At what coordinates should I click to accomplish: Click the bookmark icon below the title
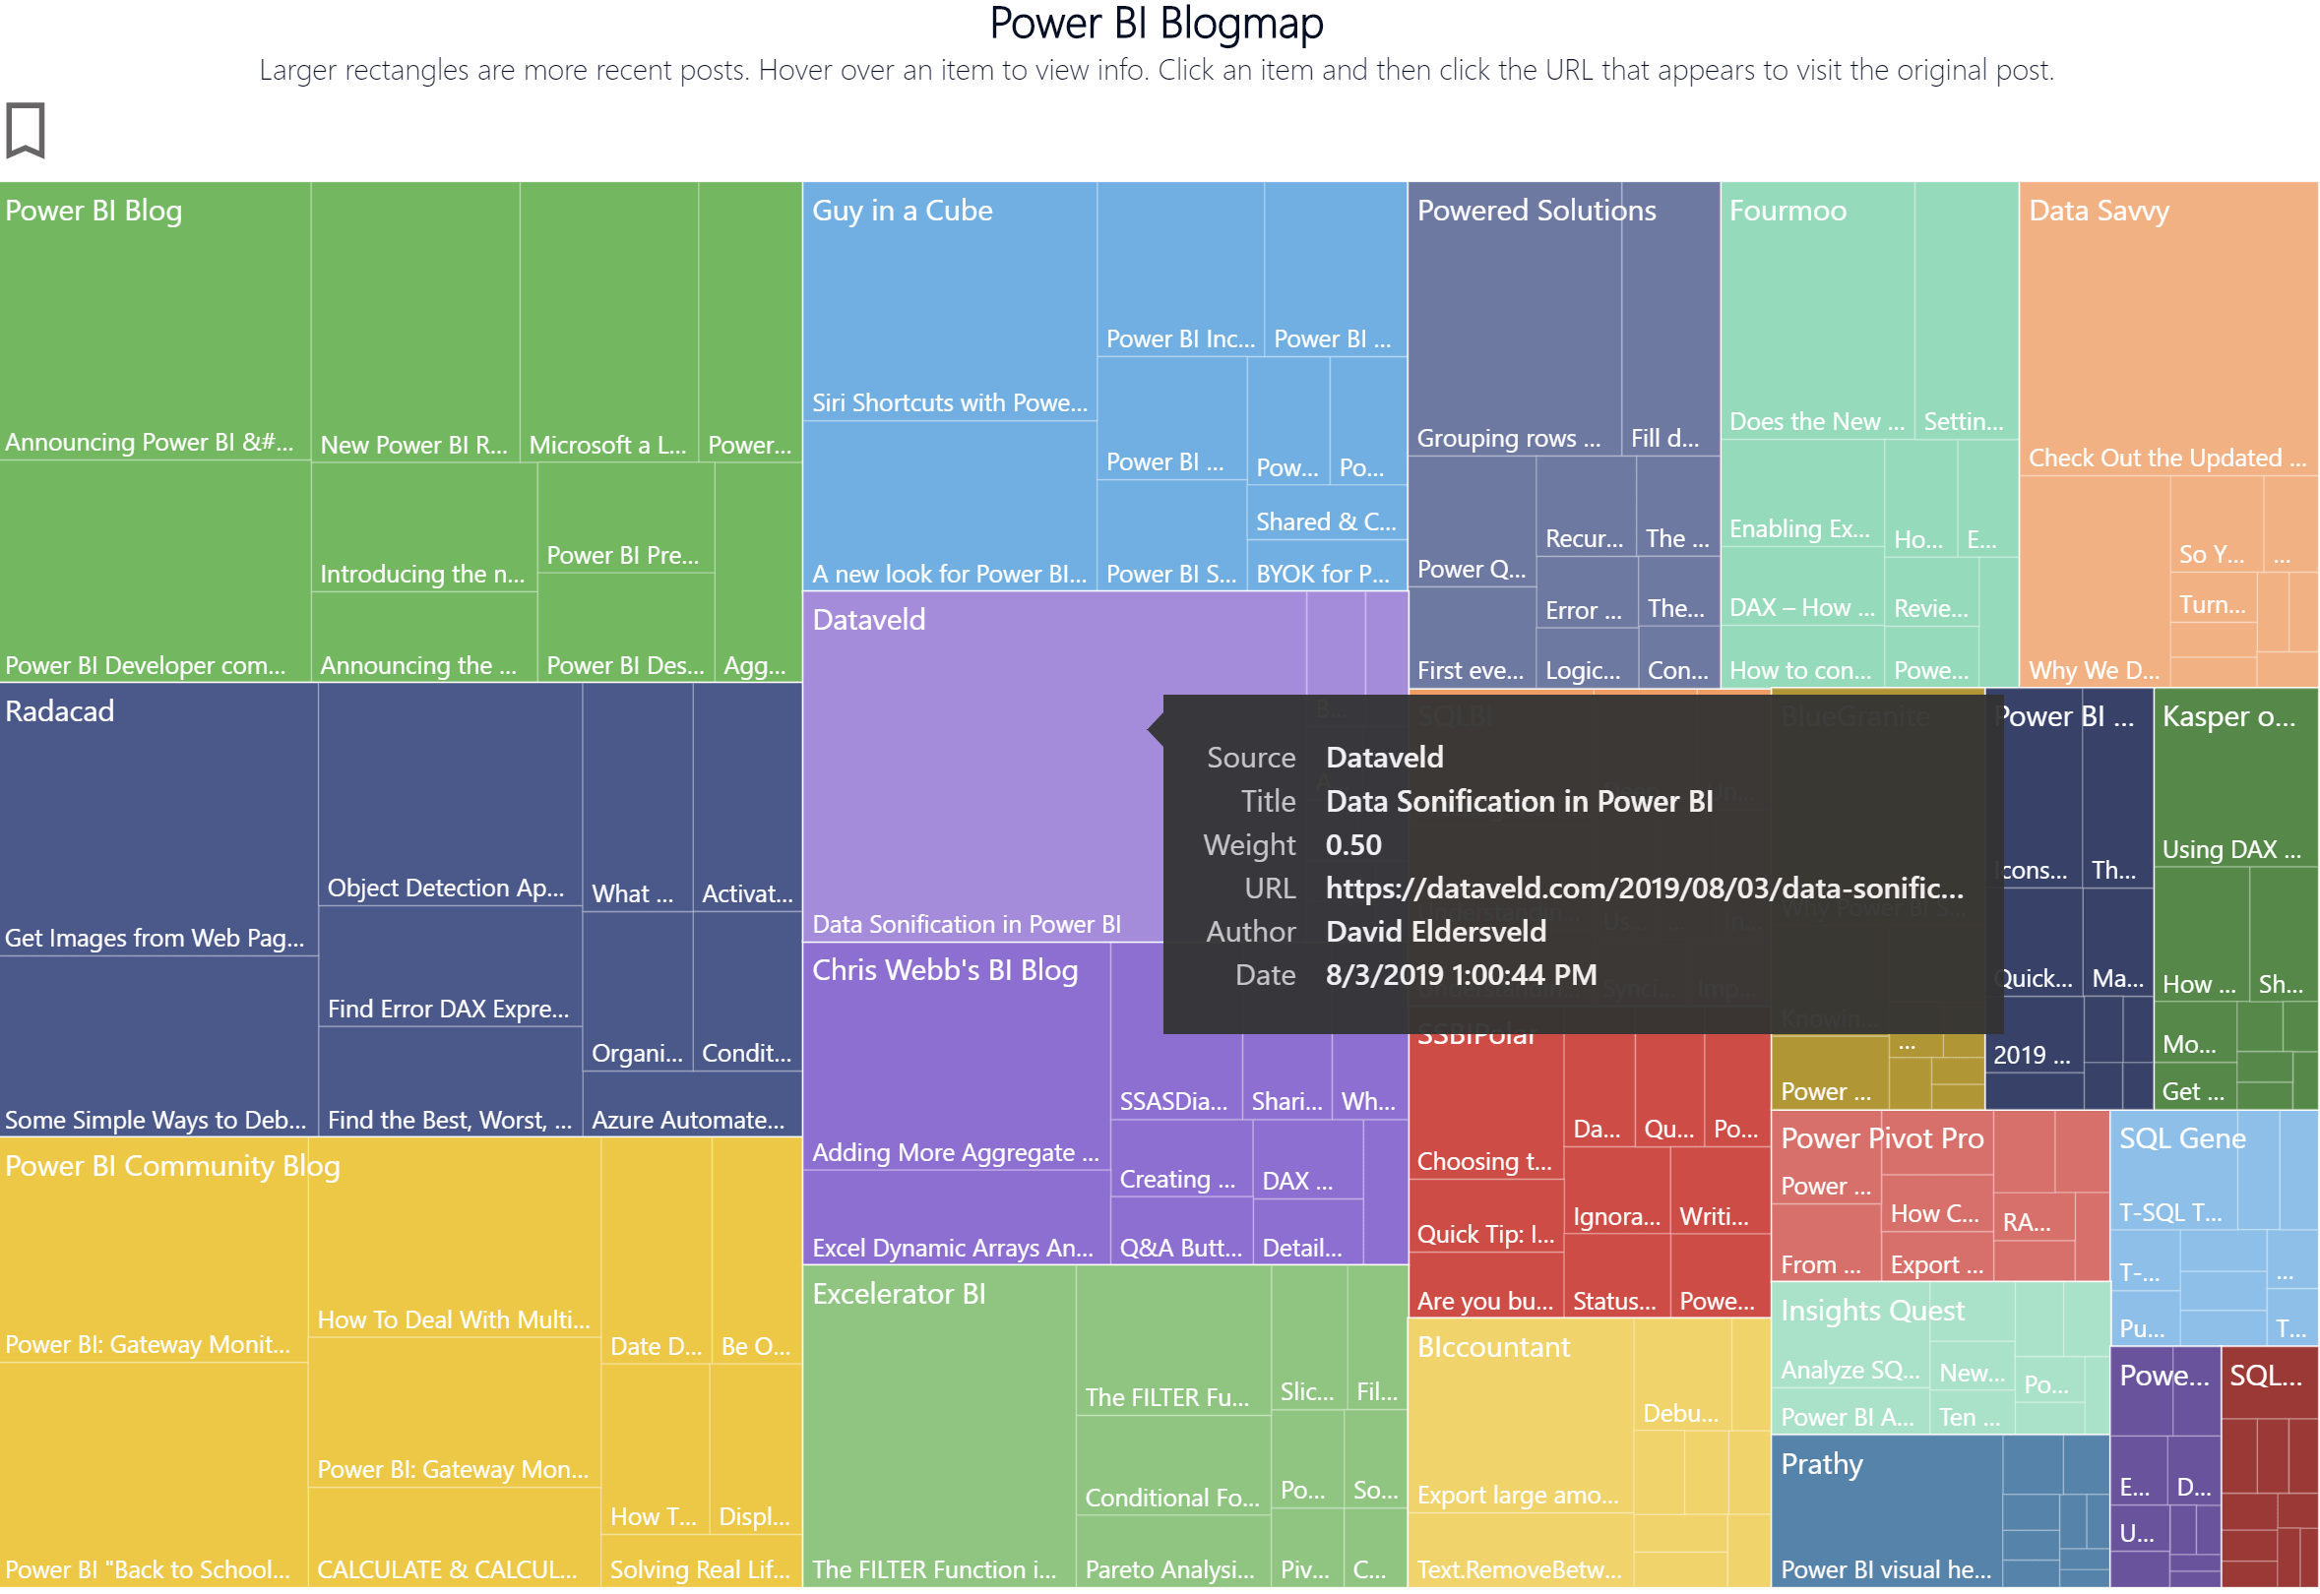[25, 130]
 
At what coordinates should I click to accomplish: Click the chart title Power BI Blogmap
[1156, 24]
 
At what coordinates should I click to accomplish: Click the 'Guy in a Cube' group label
[903, 211]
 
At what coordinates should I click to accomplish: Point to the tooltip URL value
[1644, 889]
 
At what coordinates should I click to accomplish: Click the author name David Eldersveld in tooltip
[1436, 932]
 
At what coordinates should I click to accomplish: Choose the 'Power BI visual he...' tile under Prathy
[1885, 1528]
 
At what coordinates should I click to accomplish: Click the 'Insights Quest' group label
[1871, 1311]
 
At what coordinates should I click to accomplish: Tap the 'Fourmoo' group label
[1787, 211]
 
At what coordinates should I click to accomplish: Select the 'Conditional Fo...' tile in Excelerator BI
[1172, 1468]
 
